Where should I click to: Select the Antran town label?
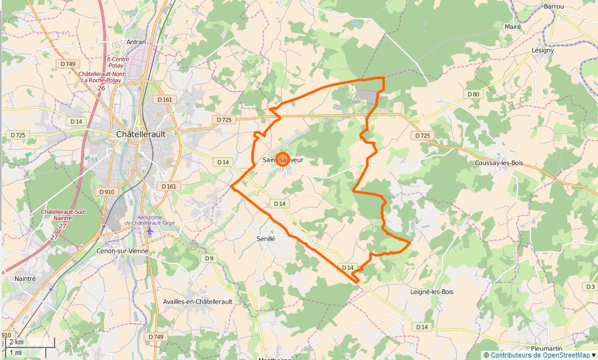coord(136,42)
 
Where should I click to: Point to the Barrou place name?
coord(554,6)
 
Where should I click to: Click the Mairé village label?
coord(513,27)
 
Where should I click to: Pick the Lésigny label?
coord(543,50)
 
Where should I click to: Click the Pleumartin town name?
coord(550,348)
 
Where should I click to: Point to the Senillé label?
coord(266,238)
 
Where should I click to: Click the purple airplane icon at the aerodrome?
coord(149,231)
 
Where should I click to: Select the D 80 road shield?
coord(473,94)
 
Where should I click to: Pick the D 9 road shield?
coord(208,258)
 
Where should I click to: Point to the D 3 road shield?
coord(590,287)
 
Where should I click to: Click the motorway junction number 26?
coord(101,88)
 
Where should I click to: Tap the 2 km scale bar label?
coord(17,342)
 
